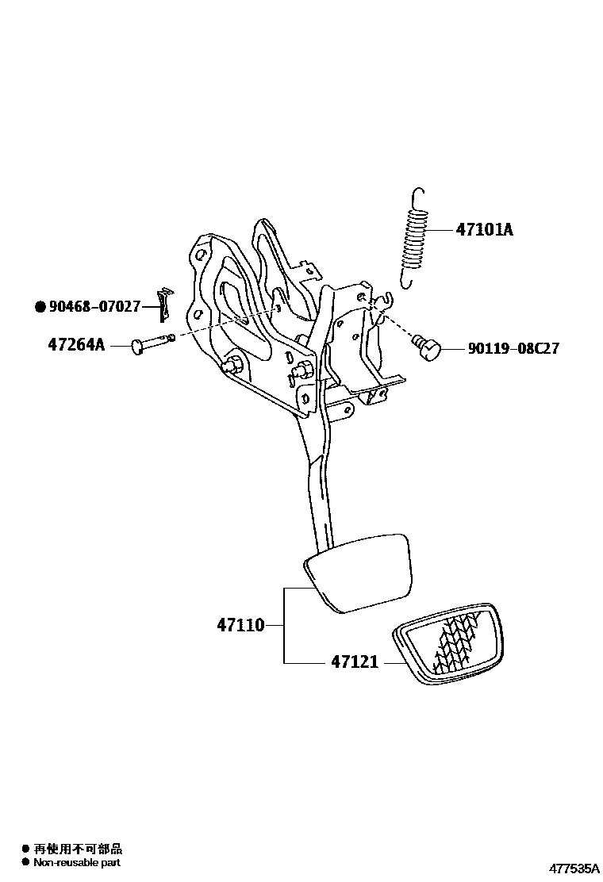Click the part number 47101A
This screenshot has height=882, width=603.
pos(484,230)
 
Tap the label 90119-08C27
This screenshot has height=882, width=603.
pos(513,348)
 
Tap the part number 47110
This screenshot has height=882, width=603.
pos(240,625)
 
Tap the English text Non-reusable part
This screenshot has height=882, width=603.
pos(76,862)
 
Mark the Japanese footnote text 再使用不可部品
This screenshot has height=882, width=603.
pos(77,849)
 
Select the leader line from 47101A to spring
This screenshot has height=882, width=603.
pos(441,230)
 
